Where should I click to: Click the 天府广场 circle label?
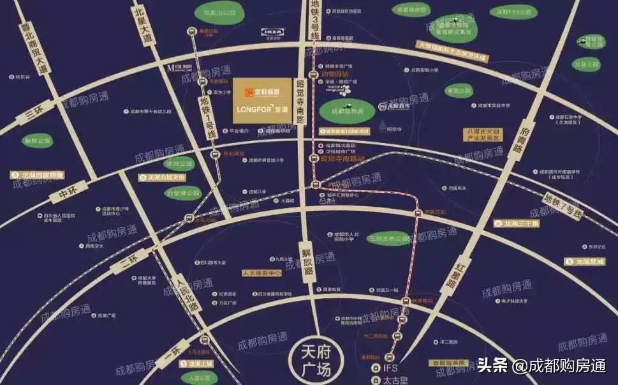(313, 361)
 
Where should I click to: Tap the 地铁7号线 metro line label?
(563, 206)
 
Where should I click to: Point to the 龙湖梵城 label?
(585, 261)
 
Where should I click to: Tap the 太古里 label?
(393, 381)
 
